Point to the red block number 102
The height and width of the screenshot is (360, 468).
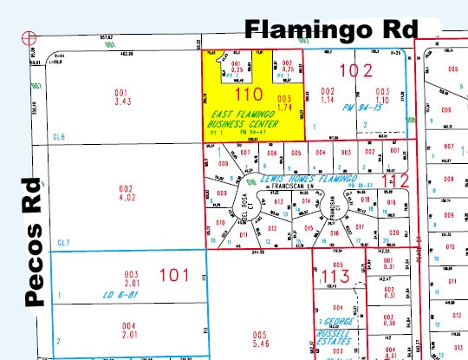[359, 70]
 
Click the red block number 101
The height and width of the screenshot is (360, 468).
[174, 277]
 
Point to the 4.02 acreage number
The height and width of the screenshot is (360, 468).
[127, 198]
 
